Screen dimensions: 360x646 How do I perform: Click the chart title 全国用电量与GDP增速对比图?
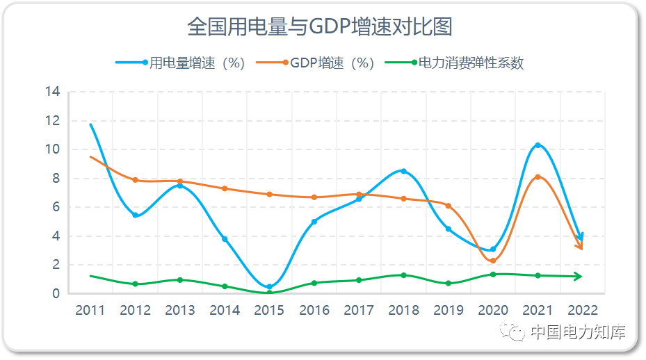320,26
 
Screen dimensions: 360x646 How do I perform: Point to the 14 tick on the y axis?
53,92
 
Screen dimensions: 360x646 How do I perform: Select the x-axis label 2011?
90,311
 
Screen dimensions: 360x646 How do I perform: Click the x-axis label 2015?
269,311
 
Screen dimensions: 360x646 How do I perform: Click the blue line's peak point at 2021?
538,145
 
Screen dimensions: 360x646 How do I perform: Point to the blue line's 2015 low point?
269,287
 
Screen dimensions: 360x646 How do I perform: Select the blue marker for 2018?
403,171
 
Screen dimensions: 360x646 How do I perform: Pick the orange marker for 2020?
493,261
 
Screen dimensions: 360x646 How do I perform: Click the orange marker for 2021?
538,177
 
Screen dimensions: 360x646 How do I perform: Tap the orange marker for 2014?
225,188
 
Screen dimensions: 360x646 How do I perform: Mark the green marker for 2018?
403,275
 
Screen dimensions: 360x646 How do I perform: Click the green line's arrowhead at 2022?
579,277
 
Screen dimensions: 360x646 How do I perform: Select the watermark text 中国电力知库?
577,332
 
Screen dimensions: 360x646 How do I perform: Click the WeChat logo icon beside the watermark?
515,333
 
